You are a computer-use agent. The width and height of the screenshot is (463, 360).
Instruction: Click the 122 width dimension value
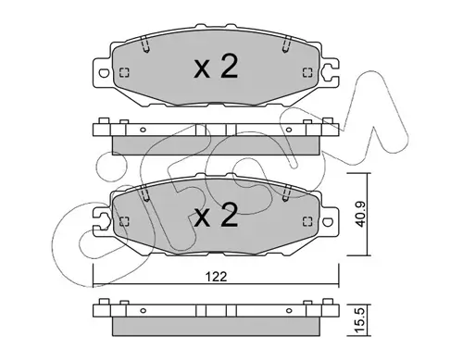pos(216,277)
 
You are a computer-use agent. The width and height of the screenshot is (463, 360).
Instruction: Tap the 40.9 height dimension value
pos(360,215)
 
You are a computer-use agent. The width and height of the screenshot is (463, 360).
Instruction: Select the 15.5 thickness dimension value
pos(360,319)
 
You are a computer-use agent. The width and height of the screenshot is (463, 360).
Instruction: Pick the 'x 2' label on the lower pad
pos(216,216)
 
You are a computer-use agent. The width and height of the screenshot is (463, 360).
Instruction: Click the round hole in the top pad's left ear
pos(104,73)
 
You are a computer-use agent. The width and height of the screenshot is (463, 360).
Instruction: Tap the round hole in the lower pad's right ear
pos(328,222)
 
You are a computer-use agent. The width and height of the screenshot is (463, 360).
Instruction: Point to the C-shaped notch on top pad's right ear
pos(326,72)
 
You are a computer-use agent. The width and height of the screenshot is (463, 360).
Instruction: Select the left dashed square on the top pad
pos(124,72)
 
